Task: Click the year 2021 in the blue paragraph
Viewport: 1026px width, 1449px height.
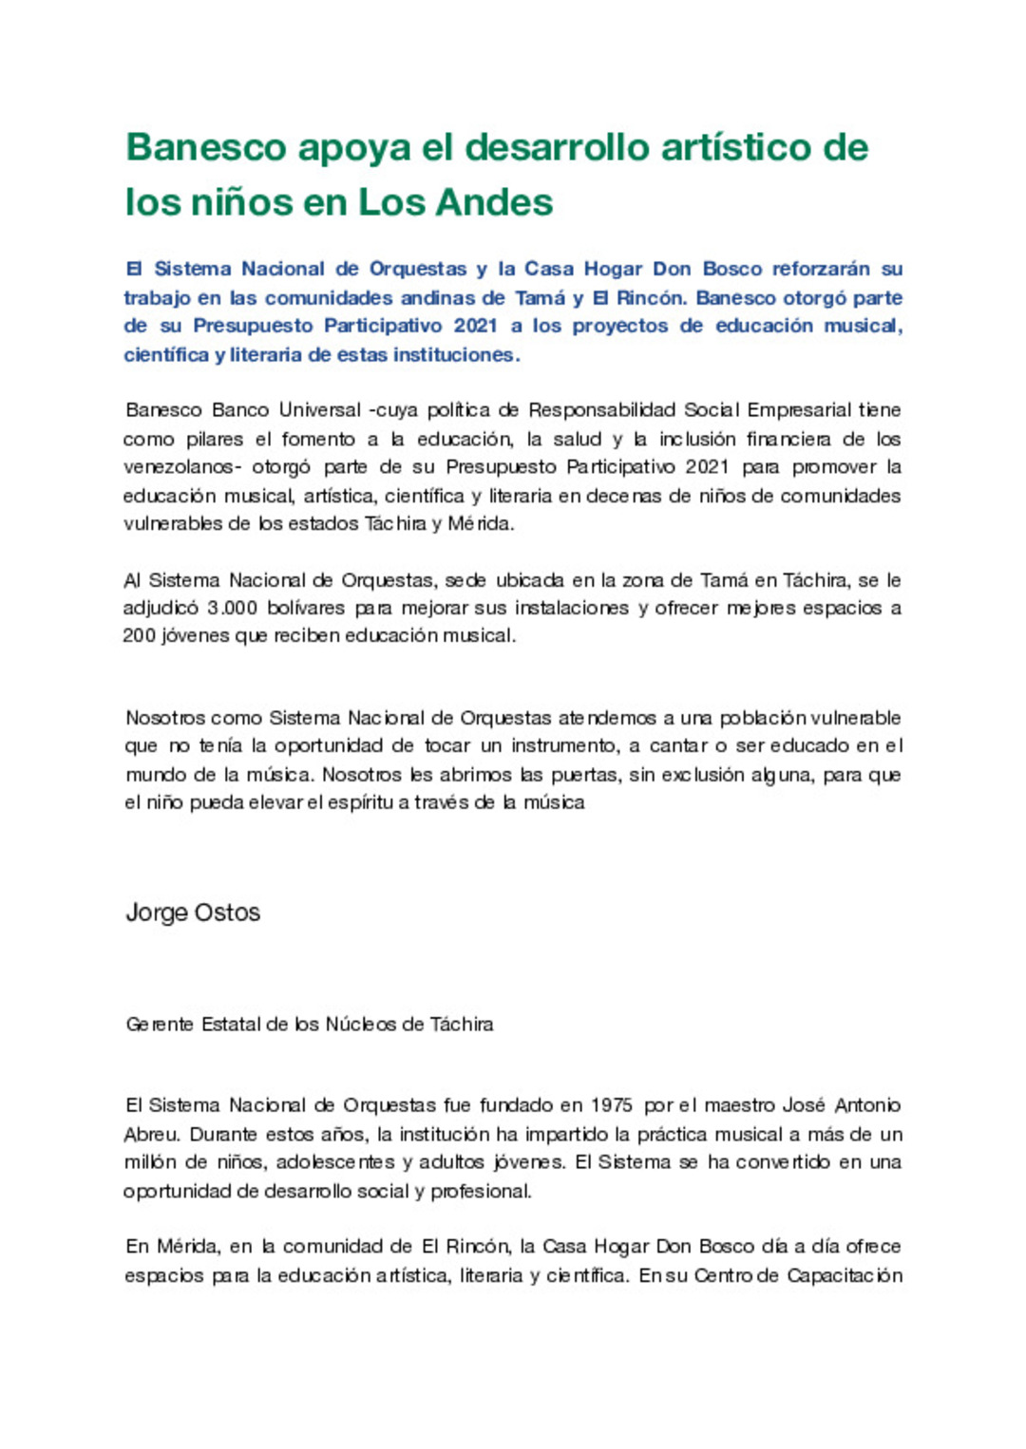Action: click(475, 326)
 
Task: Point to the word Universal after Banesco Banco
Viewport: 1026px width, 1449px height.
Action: click(319, 410)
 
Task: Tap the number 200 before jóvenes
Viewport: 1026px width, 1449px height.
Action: click(139, 636)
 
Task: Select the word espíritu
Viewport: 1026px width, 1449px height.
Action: click(361, 802)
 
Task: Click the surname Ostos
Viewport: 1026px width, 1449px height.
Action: click(227, 913)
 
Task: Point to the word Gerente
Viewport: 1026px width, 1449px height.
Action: click(160, 1025)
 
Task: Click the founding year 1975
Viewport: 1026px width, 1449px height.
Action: click(611, 1105)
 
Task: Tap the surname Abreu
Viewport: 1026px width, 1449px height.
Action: click(151, 1135)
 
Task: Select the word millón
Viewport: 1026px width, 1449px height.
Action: click(149, 1162)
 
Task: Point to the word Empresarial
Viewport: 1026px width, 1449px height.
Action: click(798, 410)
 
